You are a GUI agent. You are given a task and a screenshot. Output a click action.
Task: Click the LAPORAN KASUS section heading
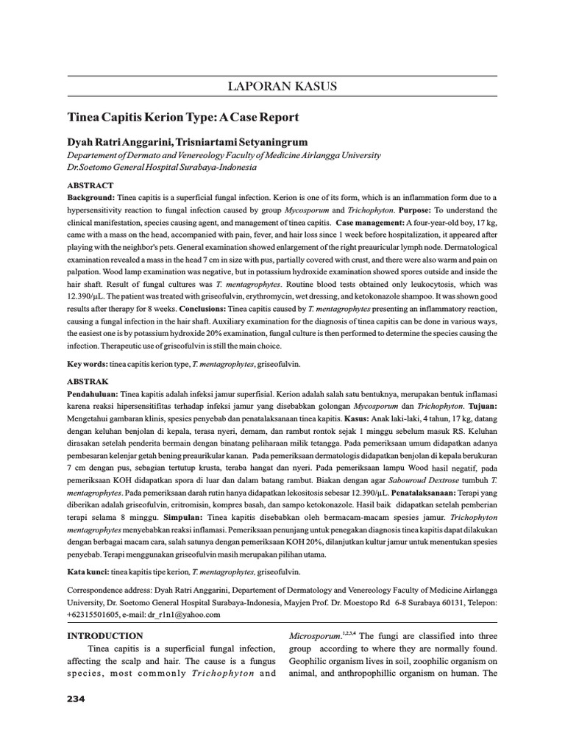pyautogui.click(x=282, y=87)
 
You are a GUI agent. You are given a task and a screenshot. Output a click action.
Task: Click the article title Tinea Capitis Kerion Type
pyautogui.click(x=183, y=117)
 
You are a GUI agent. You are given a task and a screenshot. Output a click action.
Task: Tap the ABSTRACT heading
pyautogui.click(x=90, y=185)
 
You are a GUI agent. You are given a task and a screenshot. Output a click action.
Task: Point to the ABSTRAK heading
pyautogui.click(x=88, y=382)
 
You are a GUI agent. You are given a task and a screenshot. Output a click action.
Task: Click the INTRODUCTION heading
pyautogui.click(x=105, y=635)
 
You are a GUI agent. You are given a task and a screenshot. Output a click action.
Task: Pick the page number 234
pyautogui.click(x=77, y=699)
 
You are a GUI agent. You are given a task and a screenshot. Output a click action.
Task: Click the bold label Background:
pyautogui.click(x=91, y=198)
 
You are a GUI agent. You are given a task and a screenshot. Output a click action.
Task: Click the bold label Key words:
pyautogui.click(x=87, y=363)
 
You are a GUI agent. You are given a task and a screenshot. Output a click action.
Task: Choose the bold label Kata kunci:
pyautogui.click(x=88, y=571)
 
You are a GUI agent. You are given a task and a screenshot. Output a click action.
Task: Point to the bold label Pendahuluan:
pyautogui.click(x=93, y=394)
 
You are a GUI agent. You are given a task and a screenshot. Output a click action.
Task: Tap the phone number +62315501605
pyautogui.click(x=96, y=613)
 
